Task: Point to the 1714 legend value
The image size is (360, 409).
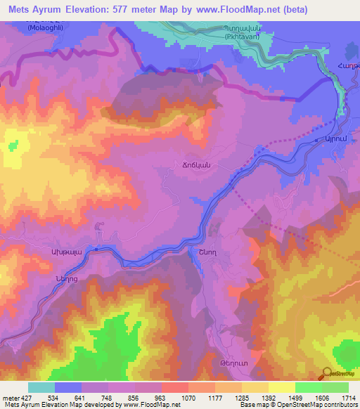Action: pos(349,397)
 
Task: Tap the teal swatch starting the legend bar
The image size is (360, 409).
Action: pos(41,387)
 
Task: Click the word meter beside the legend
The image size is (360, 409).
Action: pos(10,397)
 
